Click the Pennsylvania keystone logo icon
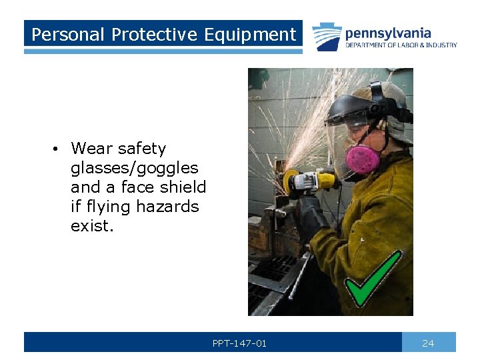pyautogui.click(x=327, y=37)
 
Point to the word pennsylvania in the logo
pyautogui.click(x=388, y=33)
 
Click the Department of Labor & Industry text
pyautogui.click(x=401, y=45)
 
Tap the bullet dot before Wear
pyautogui.click(x=60, y=149)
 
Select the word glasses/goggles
pyautogui.click(x=134, y=168)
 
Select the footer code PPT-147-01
pyautogui.click(x=239, y=343)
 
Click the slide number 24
pyautogui.click(x=428, y=343)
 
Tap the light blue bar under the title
pyautogui.click(x=163, y=51)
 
